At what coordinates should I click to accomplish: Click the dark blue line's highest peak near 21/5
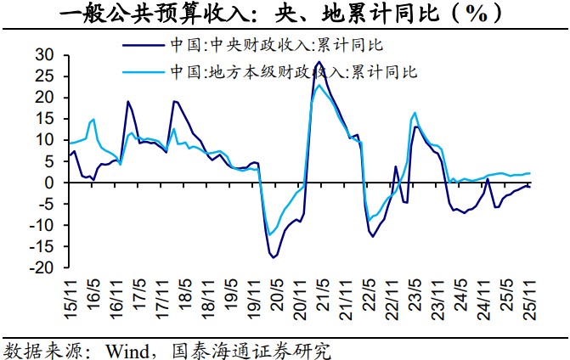(x=318, y=62)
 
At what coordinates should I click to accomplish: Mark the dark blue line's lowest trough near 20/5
(x=274, y=256)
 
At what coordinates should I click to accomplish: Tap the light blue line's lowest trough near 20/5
(x=269, y=235)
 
